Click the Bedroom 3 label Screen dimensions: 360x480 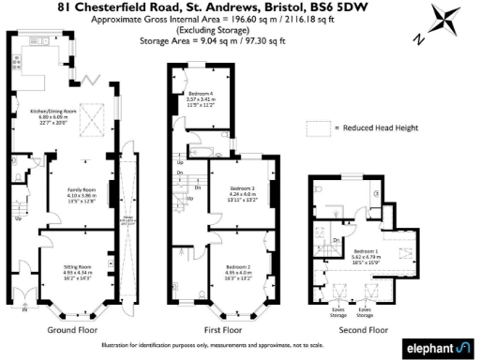[x=240, y=189]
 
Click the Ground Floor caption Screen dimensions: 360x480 [x=71, y=330]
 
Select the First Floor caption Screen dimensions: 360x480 [x=222, y=330]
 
